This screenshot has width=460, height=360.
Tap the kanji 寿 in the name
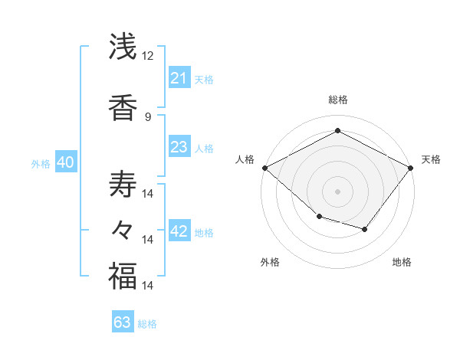(123, 184)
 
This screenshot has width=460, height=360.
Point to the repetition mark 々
(123, 230)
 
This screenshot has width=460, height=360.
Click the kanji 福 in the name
(123, 276)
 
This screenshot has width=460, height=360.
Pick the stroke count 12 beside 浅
(148, 56)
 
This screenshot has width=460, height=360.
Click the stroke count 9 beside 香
(148, 117)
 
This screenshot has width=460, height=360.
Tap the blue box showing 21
(179, 78)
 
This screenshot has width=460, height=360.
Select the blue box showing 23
(179, 147)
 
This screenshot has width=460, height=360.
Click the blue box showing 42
(179, 232)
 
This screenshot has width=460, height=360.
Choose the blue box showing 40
(65, 162)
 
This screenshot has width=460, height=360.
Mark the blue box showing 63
(123, 322)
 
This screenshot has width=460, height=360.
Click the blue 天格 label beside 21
(204, 79)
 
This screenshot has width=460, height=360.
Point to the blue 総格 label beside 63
(147, 323)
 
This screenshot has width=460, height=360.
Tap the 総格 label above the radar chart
(337, 100)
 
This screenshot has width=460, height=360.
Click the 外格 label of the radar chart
(270, 262)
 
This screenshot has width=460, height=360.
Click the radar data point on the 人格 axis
(264, 167)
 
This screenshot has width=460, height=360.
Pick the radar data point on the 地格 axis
(365, 229)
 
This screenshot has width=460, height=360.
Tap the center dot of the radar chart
(337, 191)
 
